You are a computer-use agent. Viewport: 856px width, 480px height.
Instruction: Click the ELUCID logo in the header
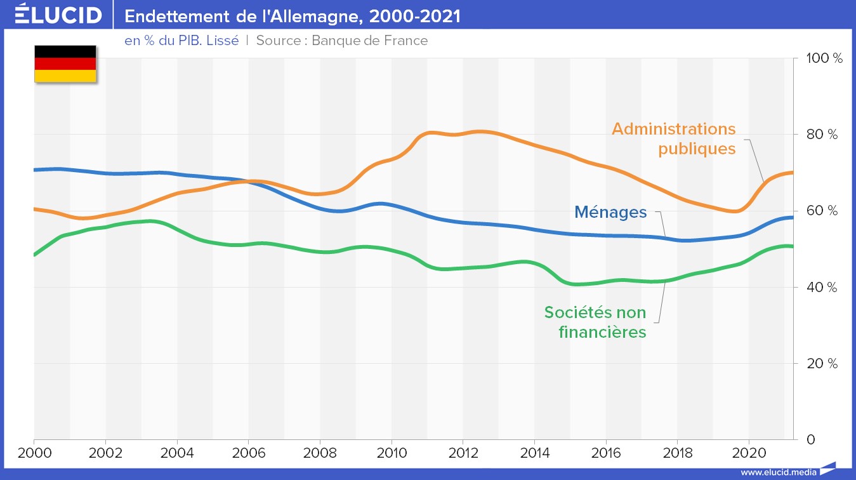58,15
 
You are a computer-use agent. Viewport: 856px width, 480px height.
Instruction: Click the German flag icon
65,63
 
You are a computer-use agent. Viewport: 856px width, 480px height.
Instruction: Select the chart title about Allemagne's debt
293,16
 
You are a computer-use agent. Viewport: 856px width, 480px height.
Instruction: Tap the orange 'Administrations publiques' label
674,139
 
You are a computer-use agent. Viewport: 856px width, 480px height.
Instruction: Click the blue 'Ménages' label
610,211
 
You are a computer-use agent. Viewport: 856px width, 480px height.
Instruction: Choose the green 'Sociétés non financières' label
595,322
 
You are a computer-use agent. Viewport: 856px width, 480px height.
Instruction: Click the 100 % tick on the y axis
824,58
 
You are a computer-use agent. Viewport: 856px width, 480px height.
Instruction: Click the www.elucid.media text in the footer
779,472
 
